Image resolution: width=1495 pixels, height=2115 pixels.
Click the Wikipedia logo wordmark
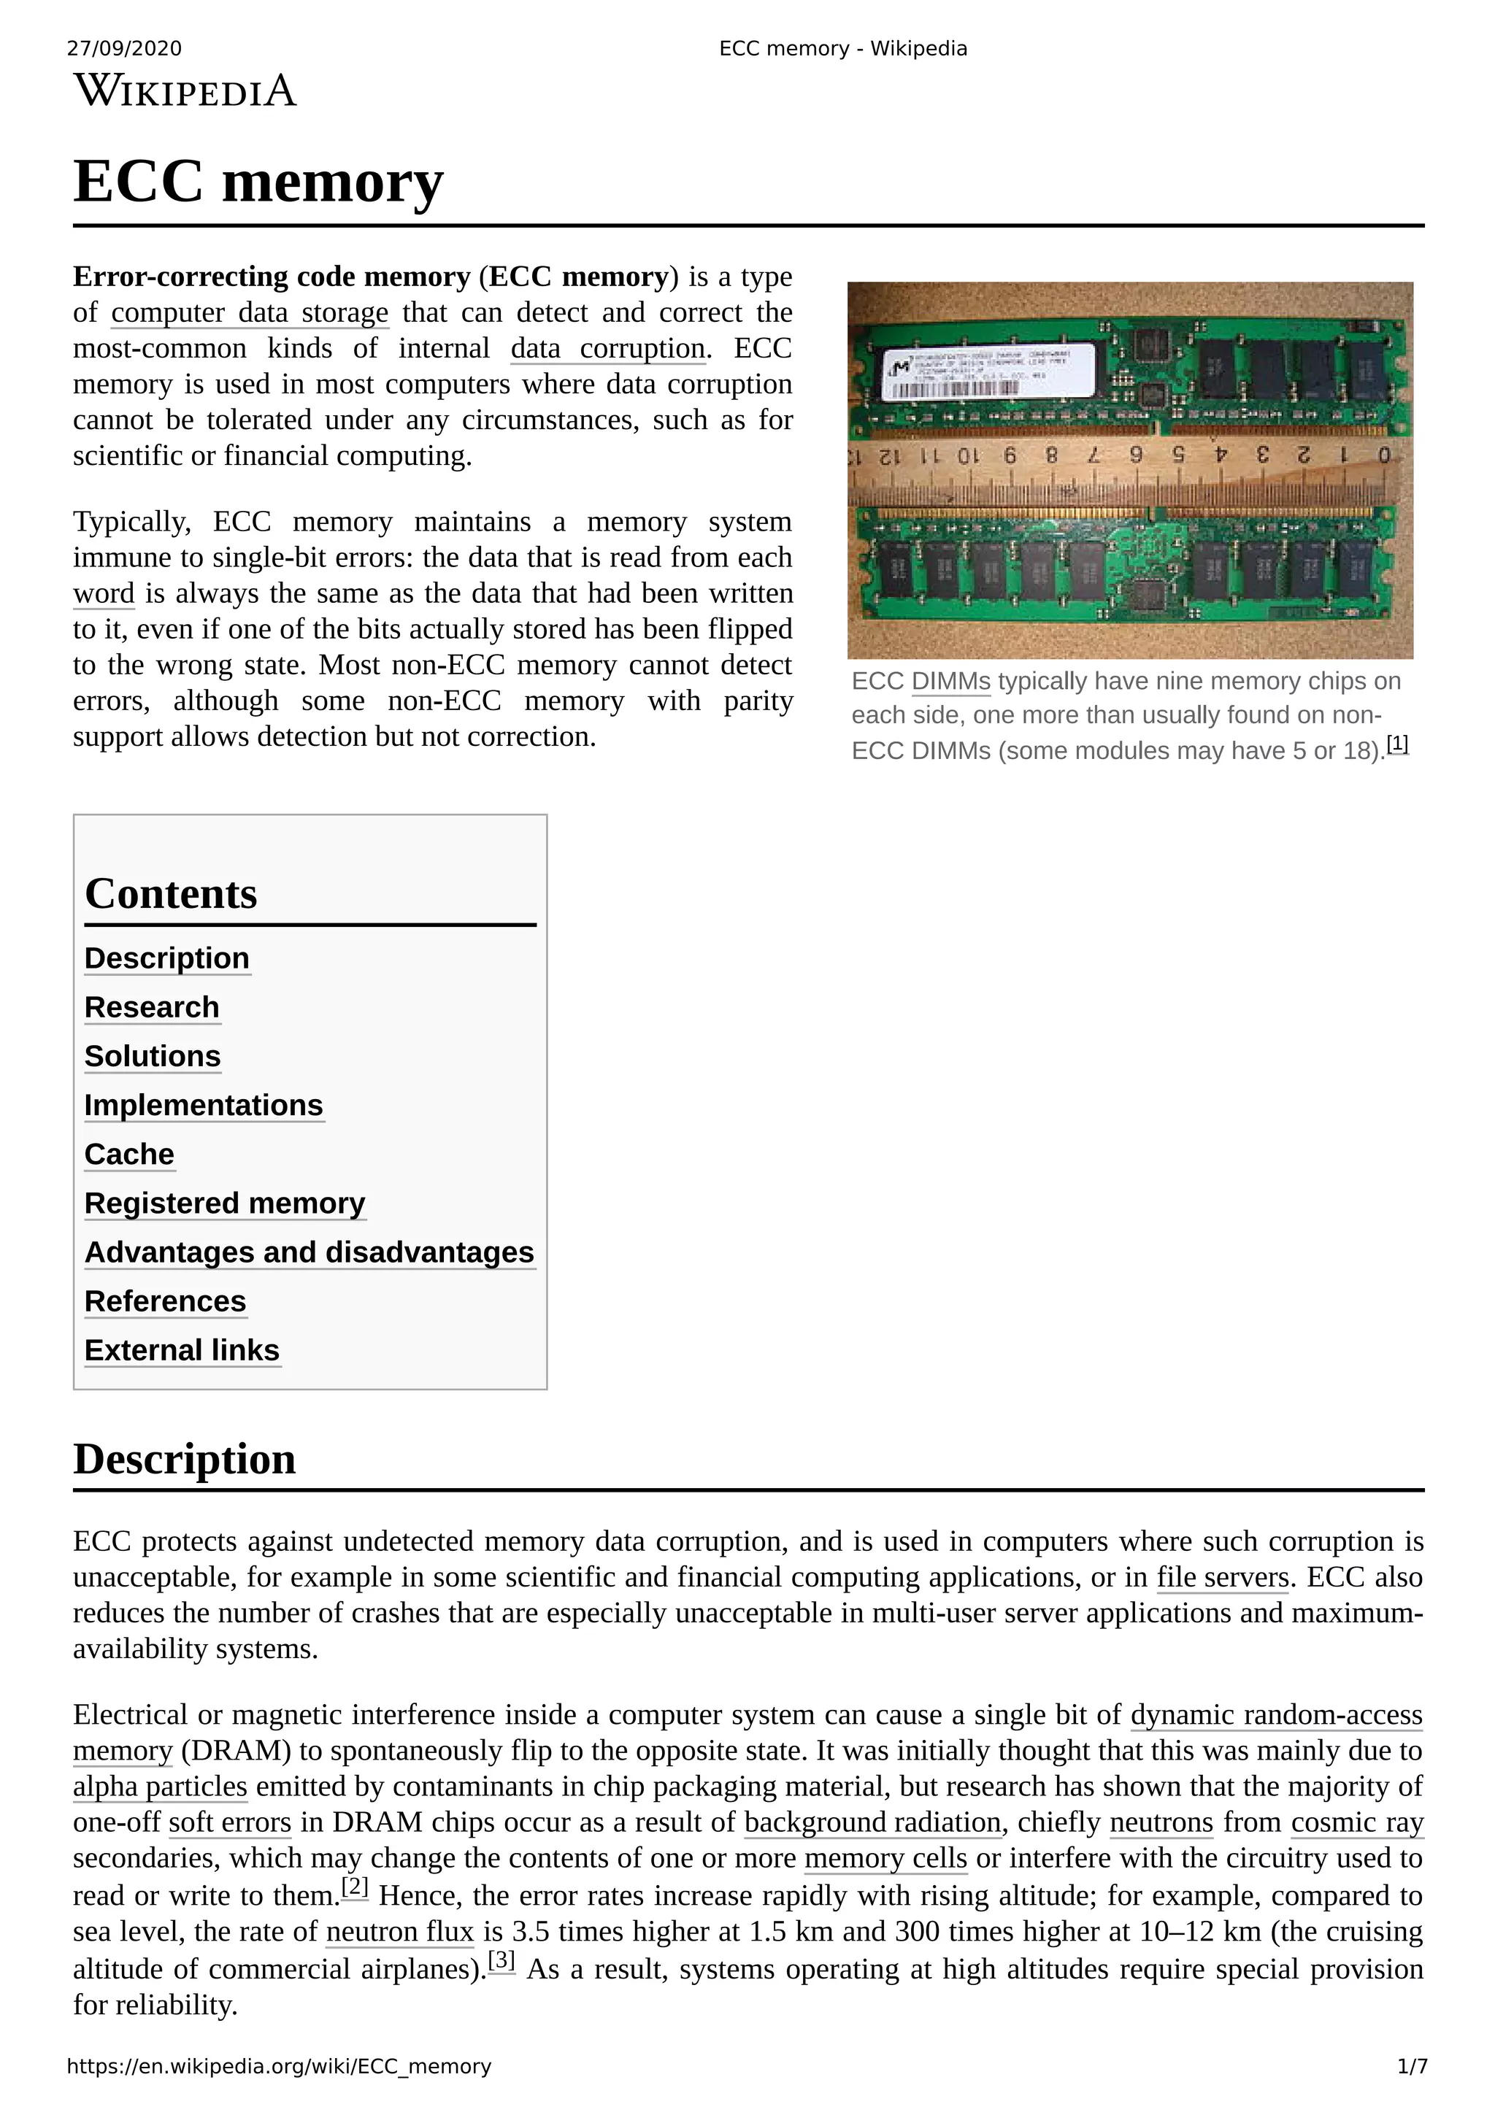click(x=185, y=91)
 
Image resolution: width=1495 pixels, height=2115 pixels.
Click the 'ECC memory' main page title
click(x=258, y=182)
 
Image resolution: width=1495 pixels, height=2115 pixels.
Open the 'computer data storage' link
click(x=250, y=312)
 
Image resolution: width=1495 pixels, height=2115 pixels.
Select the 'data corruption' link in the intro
click(x=608, y=348)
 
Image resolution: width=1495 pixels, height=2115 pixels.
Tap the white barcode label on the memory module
click(x=985, y=370)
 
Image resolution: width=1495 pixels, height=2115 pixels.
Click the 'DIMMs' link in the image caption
click(x=950, y=682)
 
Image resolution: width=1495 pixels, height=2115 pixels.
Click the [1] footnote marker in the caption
click(x=1396, y=744)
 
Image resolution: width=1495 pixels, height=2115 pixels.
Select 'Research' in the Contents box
click(x=152, y=1007)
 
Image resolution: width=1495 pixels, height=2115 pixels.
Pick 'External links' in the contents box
click(x=182, y=1349)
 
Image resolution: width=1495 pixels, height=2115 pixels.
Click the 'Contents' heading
click(x=172, y=893)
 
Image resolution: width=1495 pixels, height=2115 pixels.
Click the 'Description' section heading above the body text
click(x=184, y=1459)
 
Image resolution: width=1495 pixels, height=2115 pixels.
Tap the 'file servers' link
click(x=1222, y=1577)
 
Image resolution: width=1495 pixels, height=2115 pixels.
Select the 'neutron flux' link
click(x=400, y=1931)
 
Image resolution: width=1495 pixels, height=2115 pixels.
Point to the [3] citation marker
click(x=501, y=1960)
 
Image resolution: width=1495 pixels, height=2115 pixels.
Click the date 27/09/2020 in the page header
click(x=124, y=49)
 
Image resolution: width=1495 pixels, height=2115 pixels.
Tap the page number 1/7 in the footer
click(x=1411, y=2066)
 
